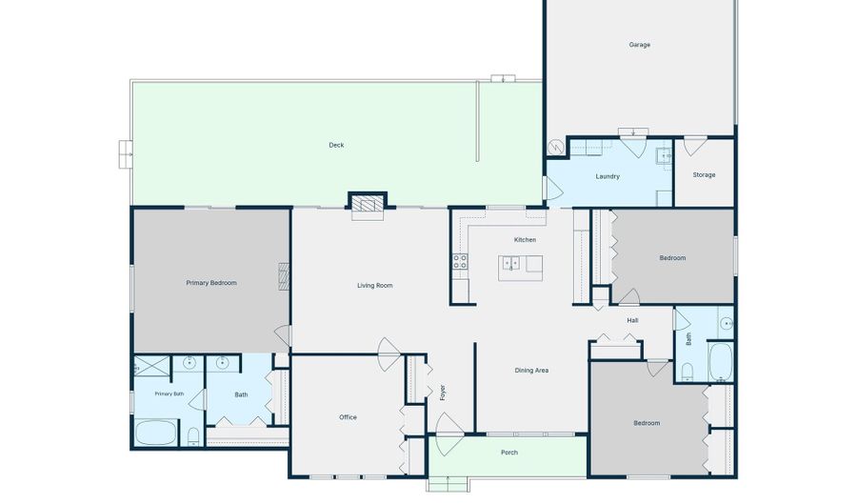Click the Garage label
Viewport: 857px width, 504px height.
(640, 45)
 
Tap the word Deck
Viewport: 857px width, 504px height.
(336, 145)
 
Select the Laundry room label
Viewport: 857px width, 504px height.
(608, 176)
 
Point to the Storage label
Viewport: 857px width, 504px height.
(704, 175)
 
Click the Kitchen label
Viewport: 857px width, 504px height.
(525, 240)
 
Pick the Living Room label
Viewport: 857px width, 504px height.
(375, 285)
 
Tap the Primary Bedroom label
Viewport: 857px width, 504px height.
(211, 283)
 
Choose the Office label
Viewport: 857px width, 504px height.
(348, 417)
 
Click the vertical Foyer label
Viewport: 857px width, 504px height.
(442, 393)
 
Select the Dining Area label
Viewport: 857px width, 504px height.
(531, 371)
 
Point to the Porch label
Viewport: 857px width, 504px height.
(509, 453)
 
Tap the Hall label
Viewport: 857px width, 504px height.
(632, 320)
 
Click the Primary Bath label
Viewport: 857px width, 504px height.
(169, 393)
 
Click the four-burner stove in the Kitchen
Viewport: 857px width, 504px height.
(460, 261)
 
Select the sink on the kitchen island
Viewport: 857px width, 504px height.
(510, 264)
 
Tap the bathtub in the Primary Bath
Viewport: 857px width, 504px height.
(156, 433)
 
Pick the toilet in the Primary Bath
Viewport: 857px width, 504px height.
(193, 436)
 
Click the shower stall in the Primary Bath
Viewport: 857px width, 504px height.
(152, 365)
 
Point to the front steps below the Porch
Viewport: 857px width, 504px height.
(448, 484)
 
